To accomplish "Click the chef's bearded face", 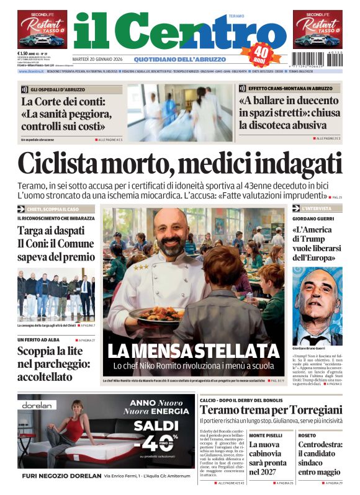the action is (x=169, y=234).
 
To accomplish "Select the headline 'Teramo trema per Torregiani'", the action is (x=271, y=410).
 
